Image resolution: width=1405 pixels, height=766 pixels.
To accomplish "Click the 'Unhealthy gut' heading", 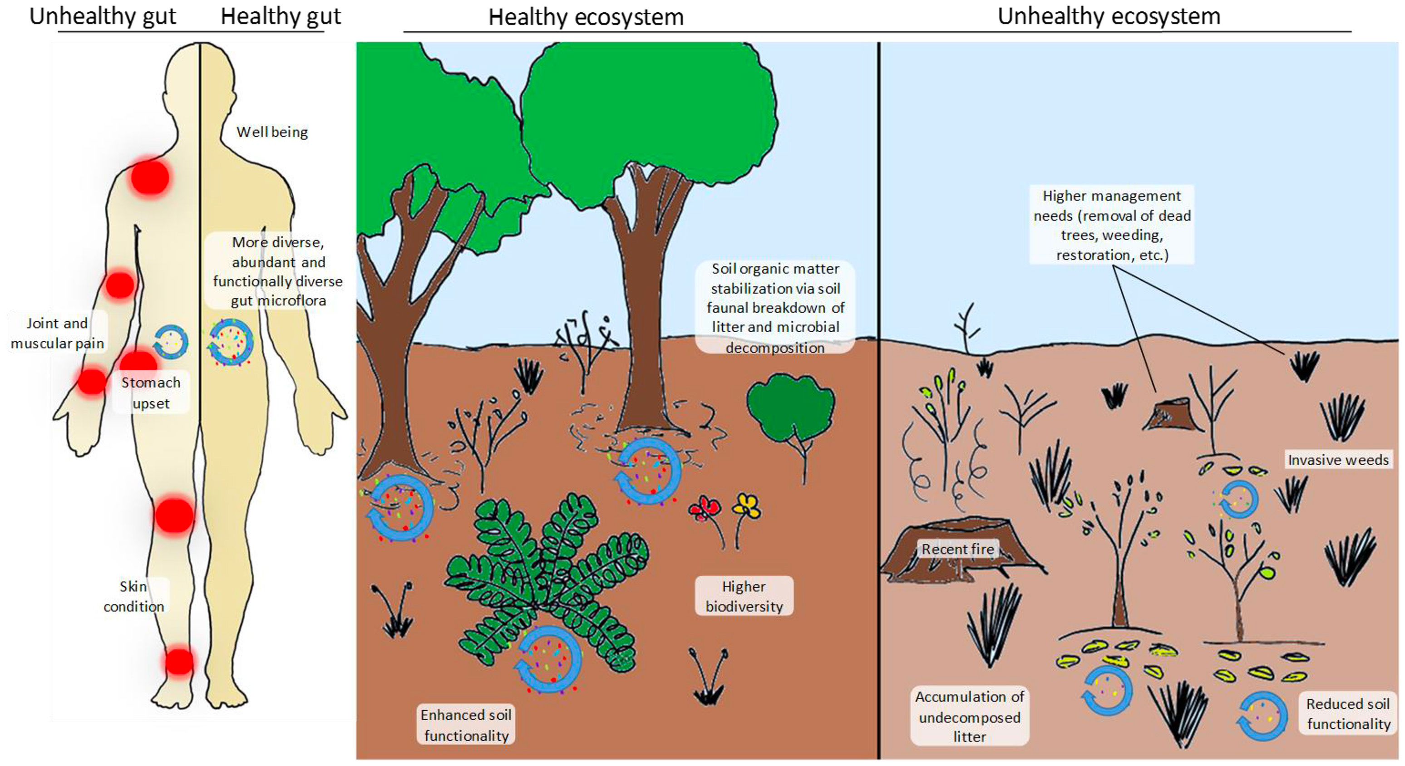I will [103, 16].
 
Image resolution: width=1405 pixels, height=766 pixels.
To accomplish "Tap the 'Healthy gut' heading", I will [281, 16].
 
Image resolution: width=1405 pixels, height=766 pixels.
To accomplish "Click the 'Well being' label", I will [272, 132].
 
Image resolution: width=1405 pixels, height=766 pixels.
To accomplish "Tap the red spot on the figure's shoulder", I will [150, 177].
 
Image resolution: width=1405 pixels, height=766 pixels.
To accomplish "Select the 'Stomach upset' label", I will [151, 393].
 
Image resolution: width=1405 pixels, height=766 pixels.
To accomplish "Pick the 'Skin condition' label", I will [133, 596].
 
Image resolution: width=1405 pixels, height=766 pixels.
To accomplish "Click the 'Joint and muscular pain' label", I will [57, 333].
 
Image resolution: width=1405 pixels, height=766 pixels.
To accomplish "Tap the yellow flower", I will [747, 506].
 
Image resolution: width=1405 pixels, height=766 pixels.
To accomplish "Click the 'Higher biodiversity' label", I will [744, 596].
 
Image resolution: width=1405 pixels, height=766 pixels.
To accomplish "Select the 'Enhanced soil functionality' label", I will [466, 725].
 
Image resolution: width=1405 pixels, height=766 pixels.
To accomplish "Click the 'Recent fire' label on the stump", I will [958, 549].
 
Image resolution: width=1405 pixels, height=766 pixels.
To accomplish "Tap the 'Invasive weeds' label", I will [1338, 460].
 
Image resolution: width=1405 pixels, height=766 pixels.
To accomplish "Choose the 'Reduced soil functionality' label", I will [1348, 714].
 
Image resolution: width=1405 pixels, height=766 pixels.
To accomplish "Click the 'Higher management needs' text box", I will [1112, 225].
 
